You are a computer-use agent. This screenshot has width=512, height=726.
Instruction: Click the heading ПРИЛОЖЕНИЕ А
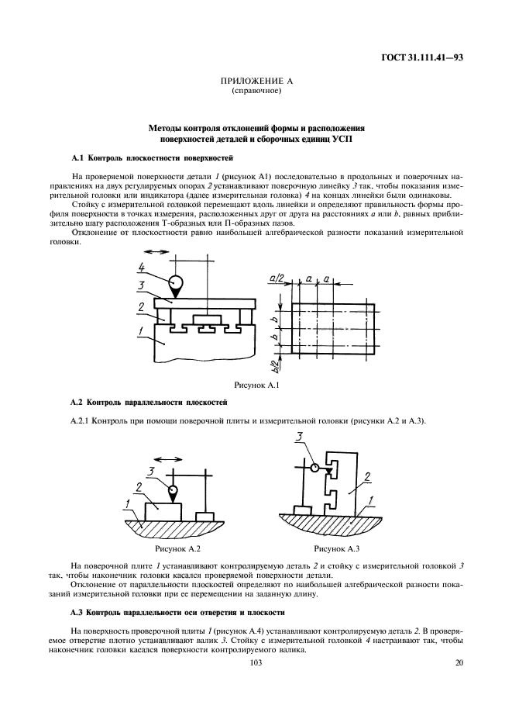[x=256, y=81]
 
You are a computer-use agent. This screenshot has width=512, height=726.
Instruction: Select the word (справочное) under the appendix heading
[x=256, y=91]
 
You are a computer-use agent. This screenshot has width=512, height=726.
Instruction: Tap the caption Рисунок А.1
[x=256, y=385]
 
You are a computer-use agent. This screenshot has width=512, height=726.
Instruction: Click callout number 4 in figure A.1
[x=141, y=268]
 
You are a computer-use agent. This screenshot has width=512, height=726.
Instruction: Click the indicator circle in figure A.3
[x=314, y=468]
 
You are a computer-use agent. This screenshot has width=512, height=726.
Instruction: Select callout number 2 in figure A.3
[x=369, y=475]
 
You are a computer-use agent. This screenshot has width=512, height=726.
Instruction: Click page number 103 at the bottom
[x=256, y=663]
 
